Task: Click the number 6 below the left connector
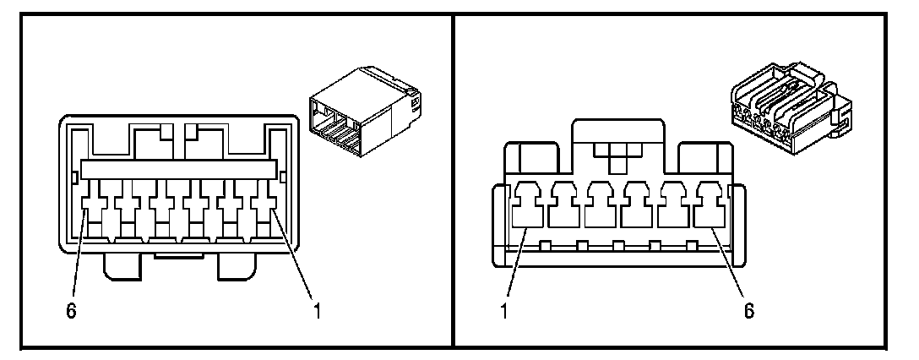[x=72, y=311]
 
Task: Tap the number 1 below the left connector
[x=316, y=311]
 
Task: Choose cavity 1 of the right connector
[x=528, y=210]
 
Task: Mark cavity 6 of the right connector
[x=710, y=210]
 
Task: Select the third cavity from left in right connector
[x=601, y=210]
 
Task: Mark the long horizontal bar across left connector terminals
[x=178, y=169]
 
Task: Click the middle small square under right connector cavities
[x=619, y=246]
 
